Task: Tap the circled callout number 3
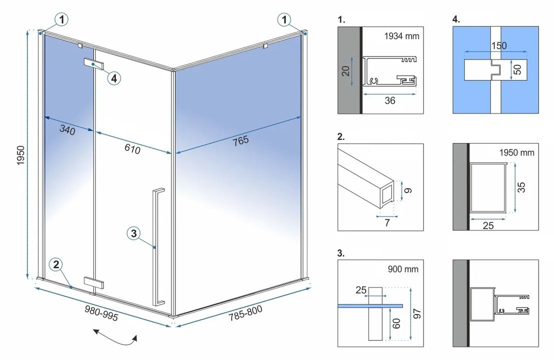point(133,233)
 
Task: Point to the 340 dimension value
point(67,131)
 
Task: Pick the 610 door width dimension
point(132,148)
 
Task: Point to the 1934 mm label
point(402,36)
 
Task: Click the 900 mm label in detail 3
point(403,269)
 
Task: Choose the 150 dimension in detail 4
point(498,45)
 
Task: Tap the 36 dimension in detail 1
point(390,100)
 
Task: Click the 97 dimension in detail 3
point(416,313)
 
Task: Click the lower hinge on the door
point(94,282)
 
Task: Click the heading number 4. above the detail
point(456,20)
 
